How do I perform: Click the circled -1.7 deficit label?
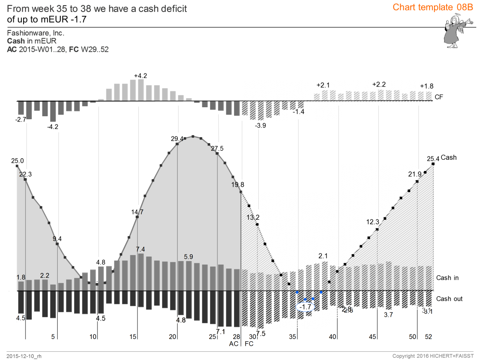306,307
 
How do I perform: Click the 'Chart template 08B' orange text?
433,7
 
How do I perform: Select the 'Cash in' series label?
447,278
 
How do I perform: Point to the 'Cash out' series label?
449,299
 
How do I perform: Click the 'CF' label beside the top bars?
439,97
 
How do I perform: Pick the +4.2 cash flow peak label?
141,76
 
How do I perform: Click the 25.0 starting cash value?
17,161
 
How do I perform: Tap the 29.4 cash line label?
177,139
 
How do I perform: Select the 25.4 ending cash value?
433,159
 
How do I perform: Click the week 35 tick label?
292,337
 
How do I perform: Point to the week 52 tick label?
428,337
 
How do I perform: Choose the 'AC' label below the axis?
234,344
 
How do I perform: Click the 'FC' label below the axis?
249,344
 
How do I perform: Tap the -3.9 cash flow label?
260,126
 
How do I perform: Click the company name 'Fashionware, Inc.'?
36,33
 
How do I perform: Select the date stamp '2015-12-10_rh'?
24,356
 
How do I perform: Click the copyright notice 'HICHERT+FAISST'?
451,356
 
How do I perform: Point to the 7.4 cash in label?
140,249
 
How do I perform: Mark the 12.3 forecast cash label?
372,222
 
